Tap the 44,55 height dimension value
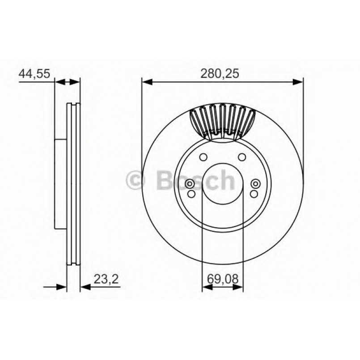click(34, 74)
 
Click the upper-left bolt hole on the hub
click(203, 157)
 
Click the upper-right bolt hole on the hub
click(242, 157)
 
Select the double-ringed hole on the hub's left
click(190, 184)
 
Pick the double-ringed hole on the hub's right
click(255, 184)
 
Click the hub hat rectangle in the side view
click(60, 183)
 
